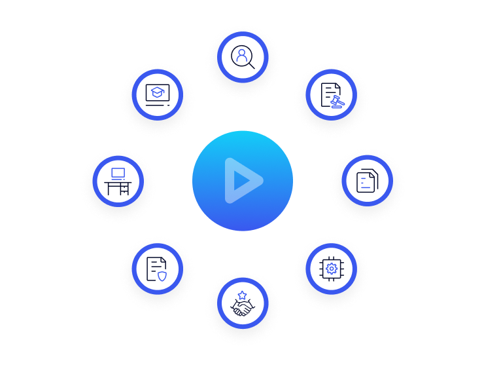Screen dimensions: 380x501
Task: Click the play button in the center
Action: (x=243, y=181)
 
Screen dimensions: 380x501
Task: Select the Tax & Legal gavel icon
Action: (x=331, y=94)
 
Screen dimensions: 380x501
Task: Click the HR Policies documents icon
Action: (x=367, y=180)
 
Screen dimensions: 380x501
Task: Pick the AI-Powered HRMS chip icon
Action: (x=331, y=268)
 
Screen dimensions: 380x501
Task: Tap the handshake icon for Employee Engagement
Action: (x=243, y=305)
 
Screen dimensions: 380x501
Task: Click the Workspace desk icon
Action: (x=118, y=180)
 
